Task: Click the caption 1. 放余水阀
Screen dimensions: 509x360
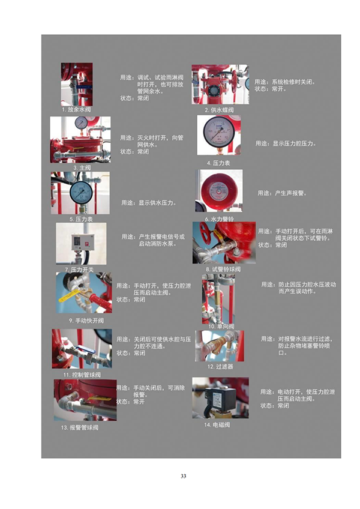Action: point(76,110)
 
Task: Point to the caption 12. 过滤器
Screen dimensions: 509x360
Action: point(220,366)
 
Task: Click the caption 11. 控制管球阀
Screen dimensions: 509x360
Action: point(82,375)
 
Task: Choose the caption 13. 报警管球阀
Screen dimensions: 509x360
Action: point(79,428)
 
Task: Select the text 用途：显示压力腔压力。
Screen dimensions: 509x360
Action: point(286,143)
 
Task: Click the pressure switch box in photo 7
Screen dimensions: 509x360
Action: point(82,242)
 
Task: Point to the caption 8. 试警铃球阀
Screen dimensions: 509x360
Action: point(223,270)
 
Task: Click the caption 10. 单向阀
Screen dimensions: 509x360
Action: point(221,326)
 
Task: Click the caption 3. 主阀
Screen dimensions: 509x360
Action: point(80,167)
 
